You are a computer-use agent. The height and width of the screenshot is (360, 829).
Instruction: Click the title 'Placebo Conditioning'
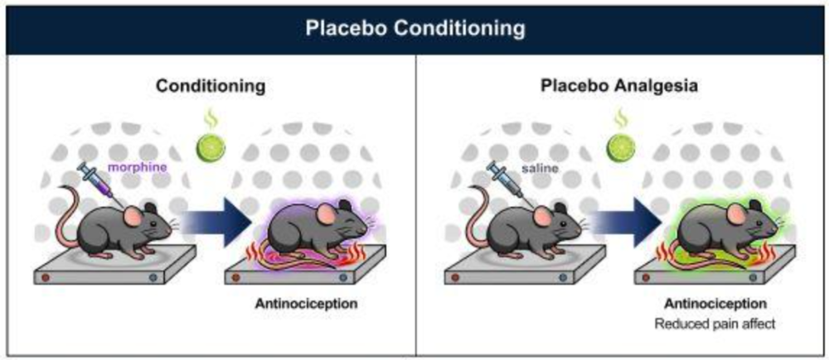(415, 28)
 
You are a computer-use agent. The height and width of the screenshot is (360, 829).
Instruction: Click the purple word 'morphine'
(137, 168)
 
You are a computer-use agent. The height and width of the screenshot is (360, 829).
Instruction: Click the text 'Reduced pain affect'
(715, 324)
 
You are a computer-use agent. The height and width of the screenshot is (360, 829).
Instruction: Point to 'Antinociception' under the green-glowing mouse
(715, 304)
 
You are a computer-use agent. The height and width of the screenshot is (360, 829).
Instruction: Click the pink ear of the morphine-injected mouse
(133, 216)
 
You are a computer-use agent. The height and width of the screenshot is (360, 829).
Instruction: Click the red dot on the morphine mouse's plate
(46, 276)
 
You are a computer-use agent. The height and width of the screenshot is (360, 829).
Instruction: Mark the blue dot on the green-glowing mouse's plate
(753, 276)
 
